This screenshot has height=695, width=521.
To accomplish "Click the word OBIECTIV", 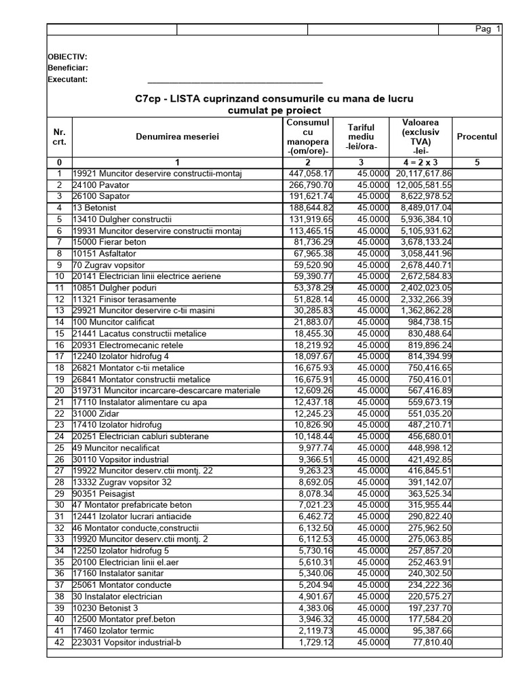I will (x=67, y=57).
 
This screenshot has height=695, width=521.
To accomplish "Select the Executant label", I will (x=68, y=79).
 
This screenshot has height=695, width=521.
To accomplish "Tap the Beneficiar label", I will (x=68, y=68).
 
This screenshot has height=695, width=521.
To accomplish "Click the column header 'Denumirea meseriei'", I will (x=178, y=137).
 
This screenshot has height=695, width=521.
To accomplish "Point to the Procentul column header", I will (x=477, y=136).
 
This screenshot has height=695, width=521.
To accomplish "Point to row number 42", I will (x=59, y=642).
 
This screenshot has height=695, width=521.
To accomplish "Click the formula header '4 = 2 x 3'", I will (x=421, y=162).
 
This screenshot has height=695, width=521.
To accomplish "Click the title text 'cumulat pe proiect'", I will (x=274, y=110).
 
